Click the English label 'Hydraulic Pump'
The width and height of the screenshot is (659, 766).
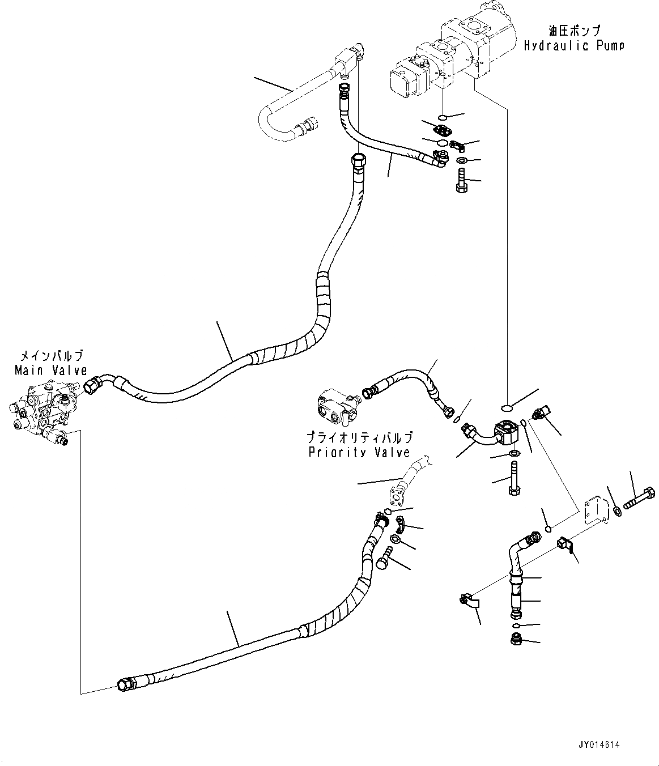[573, 45]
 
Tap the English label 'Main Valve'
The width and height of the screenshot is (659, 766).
[50, 371]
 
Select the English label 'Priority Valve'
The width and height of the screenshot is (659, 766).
[359, 452]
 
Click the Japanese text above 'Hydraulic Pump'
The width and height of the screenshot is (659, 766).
[573, 30]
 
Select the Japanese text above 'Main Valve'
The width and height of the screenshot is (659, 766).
[52, 356]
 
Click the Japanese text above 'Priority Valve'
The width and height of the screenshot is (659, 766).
[359, 437]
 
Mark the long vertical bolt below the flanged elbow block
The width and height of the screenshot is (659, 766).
[514, 479]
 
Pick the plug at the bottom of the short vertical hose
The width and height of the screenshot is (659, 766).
[516, 641]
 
